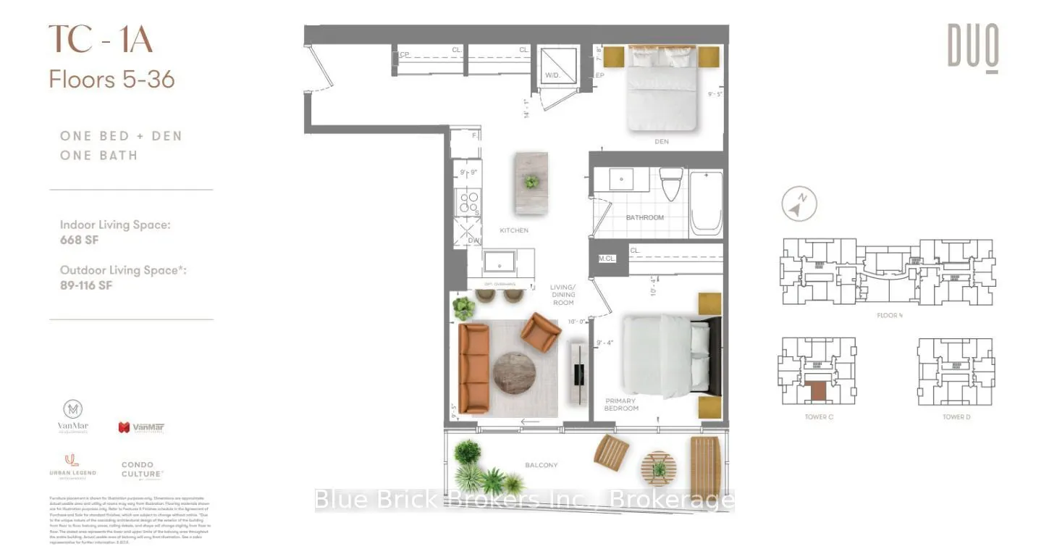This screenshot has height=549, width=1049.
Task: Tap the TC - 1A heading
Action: click(x=101, y=40)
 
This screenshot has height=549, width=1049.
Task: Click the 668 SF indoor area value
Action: click(x=79, y=240)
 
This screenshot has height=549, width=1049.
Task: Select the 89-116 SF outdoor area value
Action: click(x=86, y=285)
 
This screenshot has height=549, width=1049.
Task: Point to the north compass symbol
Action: click(x=799, y=205)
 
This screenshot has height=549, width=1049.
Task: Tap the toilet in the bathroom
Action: click(x=673, y=184)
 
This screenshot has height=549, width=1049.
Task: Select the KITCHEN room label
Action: click(x=514, y=230)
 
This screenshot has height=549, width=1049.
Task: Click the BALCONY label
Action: click(x=542, y=465)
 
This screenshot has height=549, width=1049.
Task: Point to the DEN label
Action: click(x=661, y=142)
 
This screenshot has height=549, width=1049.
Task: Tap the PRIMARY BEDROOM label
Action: click(x=621, y=404)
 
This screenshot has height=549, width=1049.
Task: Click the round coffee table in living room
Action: click(x=514, y=372)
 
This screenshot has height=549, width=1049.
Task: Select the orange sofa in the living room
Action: click(x=473, y=368)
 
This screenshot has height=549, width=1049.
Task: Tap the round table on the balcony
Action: click(x=658, y=468)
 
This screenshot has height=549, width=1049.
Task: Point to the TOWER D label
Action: click(x=956, y=417)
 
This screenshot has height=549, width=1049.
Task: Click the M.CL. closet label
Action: click(x=606, y=259)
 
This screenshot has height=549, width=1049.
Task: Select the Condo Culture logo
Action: click(x=142, y=470)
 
